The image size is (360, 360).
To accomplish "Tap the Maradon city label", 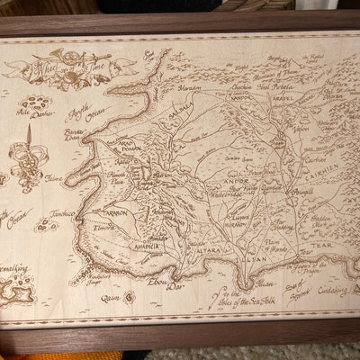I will tap(190, 89).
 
